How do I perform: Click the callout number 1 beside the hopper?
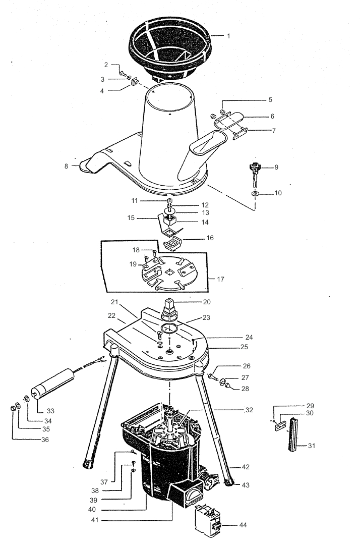click(x=228, y=36)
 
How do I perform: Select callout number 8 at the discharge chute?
click(x=66, y=166)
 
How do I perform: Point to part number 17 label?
click(x=220, y=279)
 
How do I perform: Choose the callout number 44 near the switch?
click(x=243, y=525)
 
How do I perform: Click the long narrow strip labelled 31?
click(x=293, y=434)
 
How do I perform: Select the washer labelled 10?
click(x=256, y=193)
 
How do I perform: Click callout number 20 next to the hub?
click(x=207, y=302)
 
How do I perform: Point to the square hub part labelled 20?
click(x=169, y=310)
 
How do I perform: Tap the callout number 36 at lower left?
click(x=45, y=440)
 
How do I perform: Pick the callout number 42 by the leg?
click(x=246, y=467)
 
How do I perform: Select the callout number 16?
click(x=210, y=238)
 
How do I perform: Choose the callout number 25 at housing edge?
click(x=244, y=347)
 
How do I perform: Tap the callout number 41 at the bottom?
click(x=95, y=520)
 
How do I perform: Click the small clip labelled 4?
click(x=135, y=82)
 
